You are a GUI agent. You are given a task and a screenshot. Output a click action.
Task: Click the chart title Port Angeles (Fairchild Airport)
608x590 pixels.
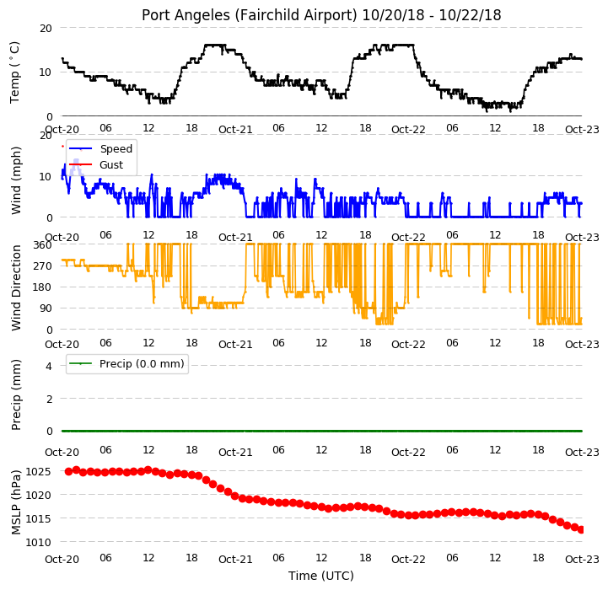click(x=250, y=15)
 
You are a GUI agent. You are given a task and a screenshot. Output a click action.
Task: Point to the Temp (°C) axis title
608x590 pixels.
click(x=14, y=72)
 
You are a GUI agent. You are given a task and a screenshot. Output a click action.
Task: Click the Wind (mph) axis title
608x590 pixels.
click(x=16, y=180)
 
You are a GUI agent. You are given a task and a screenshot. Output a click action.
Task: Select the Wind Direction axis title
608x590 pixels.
click(x=16, y=287)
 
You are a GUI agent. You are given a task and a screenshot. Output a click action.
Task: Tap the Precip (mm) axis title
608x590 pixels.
click(x=16, y=395)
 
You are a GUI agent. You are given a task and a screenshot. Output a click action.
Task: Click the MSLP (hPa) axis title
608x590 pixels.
click(x=16, y=502)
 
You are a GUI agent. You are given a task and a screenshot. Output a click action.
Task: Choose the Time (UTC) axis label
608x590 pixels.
click(x=321, y=576)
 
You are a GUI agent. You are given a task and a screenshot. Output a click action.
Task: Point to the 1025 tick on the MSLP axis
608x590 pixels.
click(x=38, y=472)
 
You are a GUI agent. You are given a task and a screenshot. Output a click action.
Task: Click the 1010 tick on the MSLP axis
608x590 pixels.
click(x=38, y=542)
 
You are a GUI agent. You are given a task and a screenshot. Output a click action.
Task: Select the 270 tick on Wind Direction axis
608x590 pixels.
click(x=43, y=266)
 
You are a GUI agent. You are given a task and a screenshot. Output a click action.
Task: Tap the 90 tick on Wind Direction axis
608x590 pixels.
click(x=46, y=308)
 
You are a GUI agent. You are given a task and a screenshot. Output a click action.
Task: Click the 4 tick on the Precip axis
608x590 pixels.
click(x=49, y=366)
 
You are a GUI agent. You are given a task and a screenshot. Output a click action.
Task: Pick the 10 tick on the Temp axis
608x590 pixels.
click(x=46, y=72)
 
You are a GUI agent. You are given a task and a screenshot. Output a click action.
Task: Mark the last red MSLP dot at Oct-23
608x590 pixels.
click(x=581, y=530)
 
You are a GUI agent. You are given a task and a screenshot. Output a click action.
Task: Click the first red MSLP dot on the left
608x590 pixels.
click(x=68, y=471)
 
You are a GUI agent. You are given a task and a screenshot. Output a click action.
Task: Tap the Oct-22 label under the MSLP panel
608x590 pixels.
click(x=408, y=560)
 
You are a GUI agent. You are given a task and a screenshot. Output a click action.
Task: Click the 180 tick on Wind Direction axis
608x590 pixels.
click(x=43, y=287)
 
